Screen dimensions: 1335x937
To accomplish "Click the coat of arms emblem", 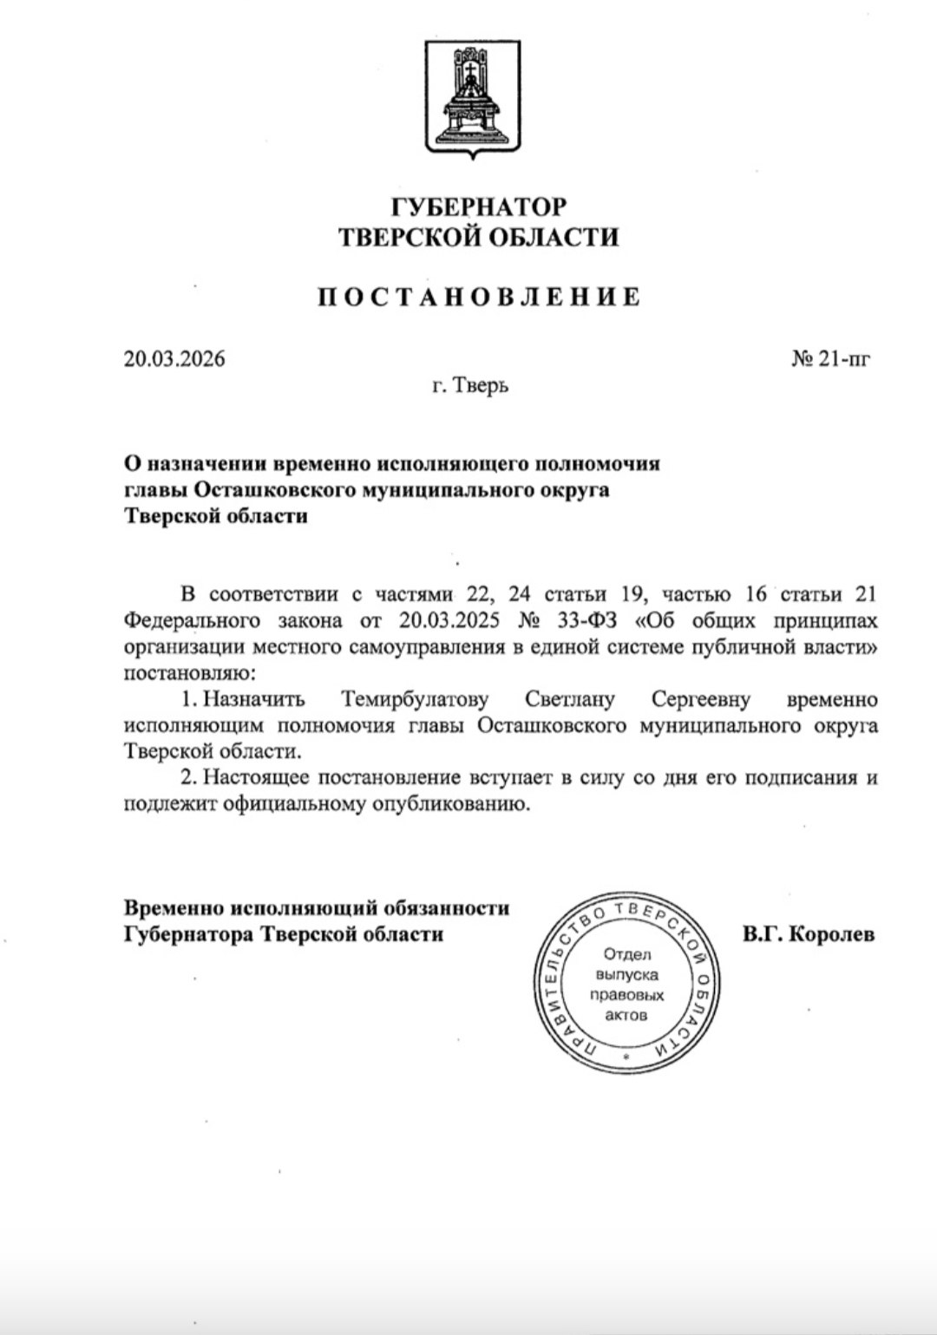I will [x=468, y=98].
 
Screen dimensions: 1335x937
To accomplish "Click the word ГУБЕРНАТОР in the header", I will [x=478, y=206].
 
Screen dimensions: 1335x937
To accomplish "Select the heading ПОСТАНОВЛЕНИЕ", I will [x=478, y=297].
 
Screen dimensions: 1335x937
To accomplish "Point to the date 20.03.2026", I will [x=174, y=359].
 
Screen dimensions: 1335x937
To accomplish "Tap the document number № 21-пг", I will [x=830, y=359].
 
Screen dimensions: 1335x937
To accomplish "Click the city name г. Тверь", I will [x=470, y=385].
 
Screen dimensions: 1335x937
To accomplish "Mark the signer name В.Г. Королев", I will [x=809, y=934].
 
